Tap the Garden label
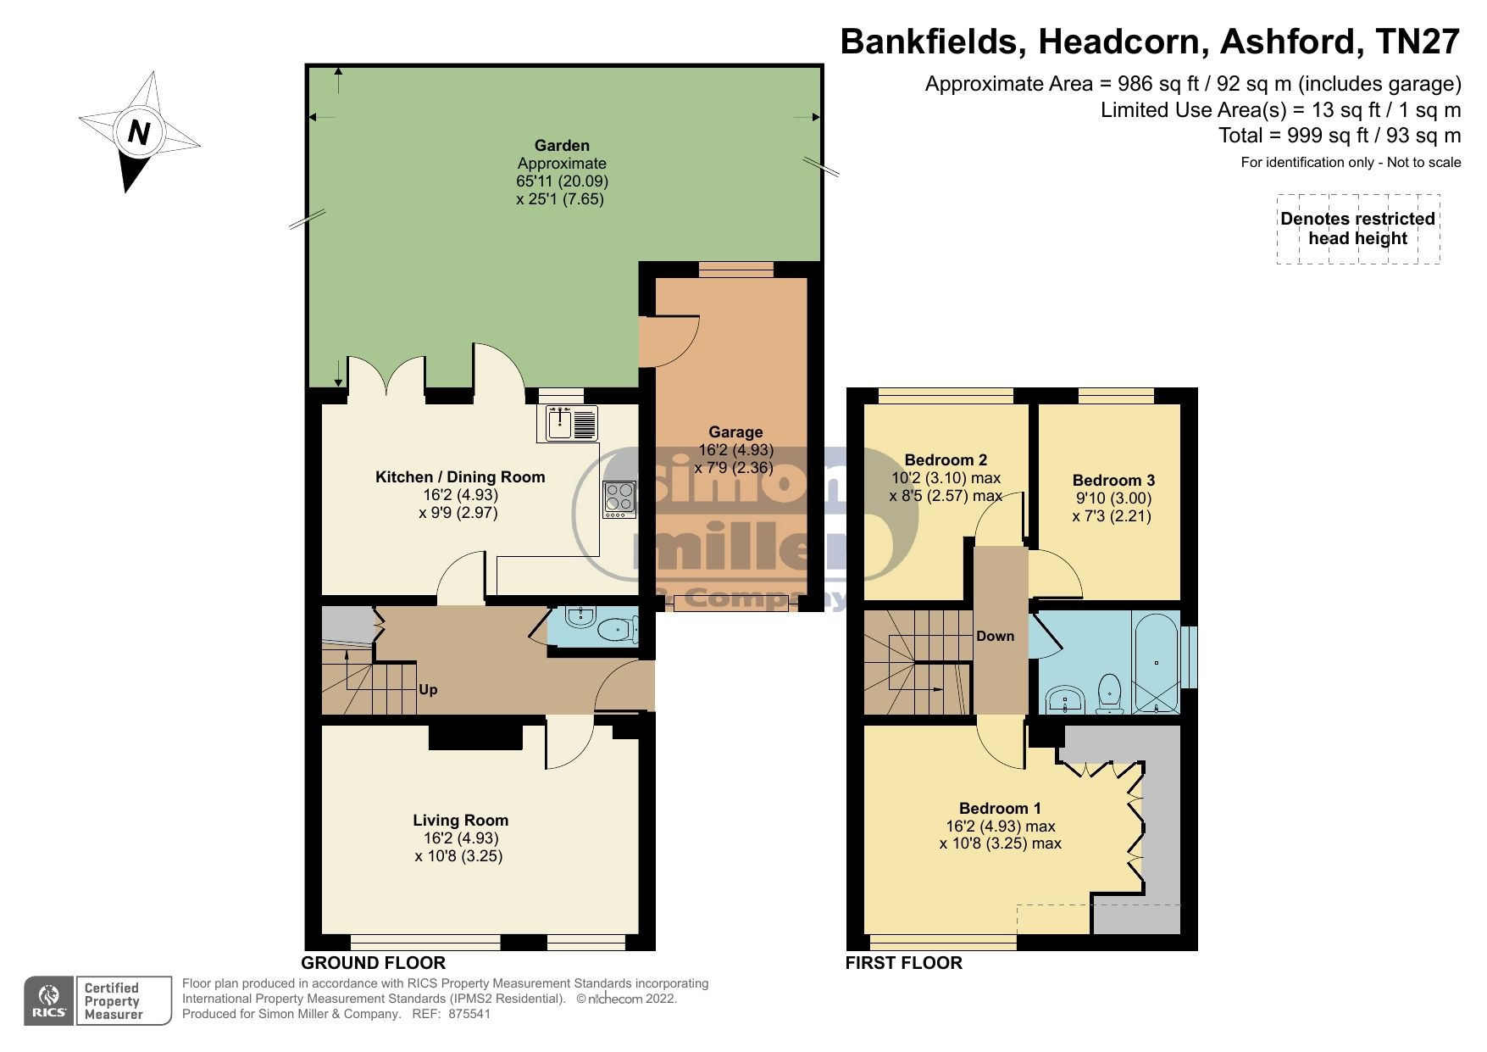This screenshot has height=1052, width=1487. (562, 146)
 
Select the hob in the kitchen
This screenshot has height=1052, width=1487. (619, 499)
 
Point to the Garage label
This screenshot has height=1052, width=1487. (735, 432)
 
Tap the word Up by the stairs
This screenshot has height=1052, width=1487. (428, 689)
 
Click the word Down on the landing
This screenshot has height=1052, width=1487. (995, 636)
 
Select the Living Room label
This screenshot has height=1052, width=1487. (460, 820)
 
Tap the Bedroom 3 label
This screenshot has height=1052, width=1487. (1113, 480)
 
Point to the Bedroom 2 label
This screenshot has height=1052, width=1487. (946, 460)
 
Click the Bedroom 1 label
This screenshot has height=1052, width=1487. (1000, 808)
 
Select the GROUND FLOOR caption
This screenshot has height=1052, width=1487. (373, 963)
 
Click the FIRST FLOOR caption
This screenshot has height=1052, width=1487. (903, 963)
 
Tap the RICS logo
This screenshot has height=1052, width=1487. (50, 1001)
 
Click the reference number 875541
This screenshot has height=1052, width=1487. (469, 1014)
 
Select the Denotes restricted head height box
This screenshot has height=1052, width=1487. (1357, 229)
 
